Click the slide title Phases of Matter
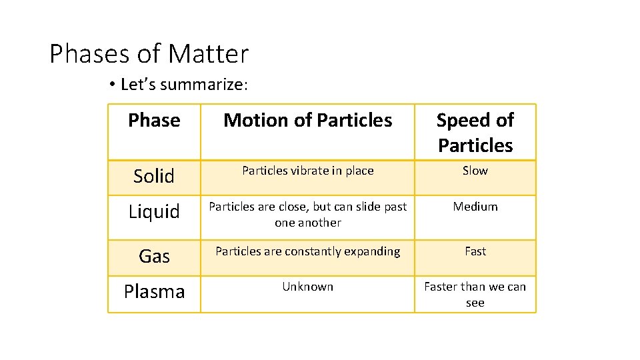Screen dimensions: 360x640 [x=149, y=54]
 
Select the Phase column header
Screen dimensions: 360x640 [x=154, y=120]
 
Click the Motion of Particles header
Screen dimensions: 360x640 [x=308, y=120]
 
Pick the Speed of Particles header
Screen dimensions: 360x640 [x=475, y=132]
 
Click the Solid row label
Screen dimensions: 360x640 [x=154, y=176]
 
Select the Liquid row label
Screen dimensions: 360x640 [x=154, y=212]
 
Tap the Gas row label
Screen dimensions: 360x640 [x=154, y=256]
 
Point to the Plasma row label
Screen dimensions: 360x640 [x=154, y=292]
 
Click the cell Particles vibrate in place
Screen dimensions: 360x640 [x=308, y=171]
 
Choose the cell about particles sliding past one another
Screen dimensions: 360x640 [x=308, y=215]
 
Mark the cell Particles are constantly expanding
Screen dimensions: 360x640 [x=308, y=251]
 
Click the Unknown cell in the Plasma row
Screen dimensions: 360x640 [x=308, y=287]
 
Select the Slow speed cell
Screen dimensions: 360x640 [x=475, y=171]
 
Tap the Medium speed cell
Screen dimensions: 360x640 [x=475, y=207]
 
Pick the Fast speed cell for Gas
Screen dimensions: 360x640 [x=475, y=251]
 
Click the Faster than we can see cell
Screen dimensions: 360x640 [x=475, y=294]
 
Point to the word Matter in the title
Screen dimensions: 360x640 [x=209, y=54]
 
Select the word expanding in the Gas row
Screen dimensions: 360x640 [x=371, y=251]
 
